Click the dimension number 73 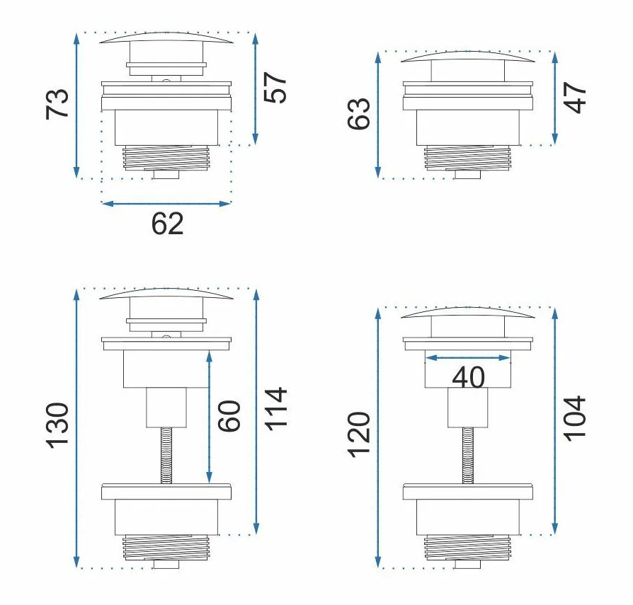point(57,103)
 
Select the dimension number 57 point(275,88)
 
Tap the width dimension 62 point(167,224)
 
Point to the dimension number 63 point(358,114)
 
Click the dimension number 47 point(575,98)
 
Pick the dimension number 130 point(57,425)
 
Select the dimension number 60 point(229,416)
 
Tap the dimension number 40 point(468,378)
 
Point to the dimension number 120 point(358,434)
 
